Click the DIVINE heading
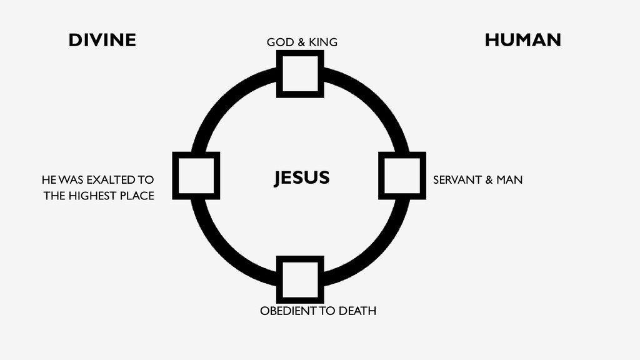pyautogui.click(x=102, y=41)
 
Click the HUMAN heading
pyautogui.click(x=522, y=41)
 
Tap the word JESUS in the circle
pyautogui.click(x=301, y=178)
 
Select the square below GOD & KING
pyautogui.click(x=300, y=74)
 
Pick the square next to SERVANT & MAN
pyautogui.click(x=402, y=176)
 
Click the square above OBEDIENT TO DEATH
pyautogui.click(x=300, y=279)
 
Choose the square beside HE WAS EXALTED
pyautogui.click(x=196, y=176)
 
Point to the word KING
pyautogui.click(x=323, y=42)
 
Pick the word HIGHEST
pyautogui.click(x=92, y=196)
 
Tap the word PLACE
pyautogui.click(x=137, y=196)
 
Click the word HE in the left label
pyautogui.click(x=48, y=180)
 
